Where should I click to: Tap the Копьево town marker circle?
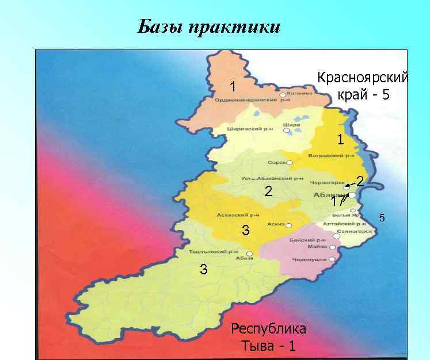283,95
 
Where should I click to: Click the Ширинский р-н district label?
249,128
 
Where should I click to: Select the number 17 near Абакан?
338,202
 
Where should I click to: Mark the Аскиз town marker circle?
288,225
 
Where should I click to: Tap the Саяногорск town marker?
336,235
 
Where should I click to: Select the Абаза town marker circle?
249,253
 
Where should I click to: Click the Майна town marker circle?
333,247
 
